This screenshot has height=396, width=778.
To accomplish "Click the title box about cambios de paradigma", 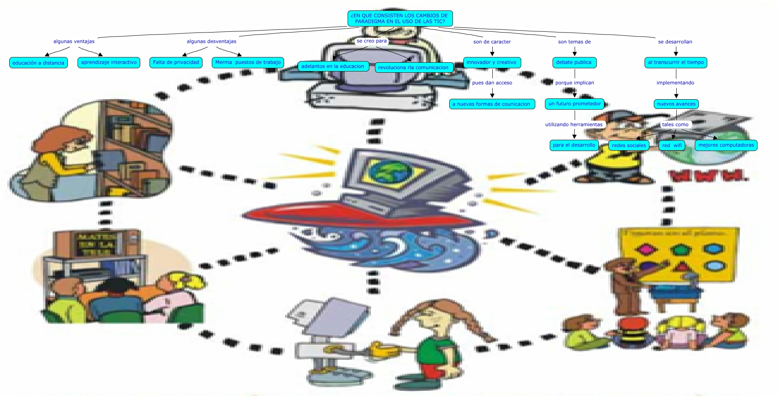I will click(400, 18).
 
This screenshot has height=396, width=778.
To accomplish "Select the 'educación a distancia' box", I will click(39, 63).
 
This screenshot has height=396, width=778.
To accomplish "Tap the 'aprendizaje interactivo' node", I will click(109, 62).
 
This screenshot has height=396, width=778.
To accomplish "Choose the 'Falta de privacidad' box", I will click(176, 62).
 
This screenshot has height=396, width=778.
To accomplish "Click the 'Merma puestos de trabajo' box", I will click(248, 62).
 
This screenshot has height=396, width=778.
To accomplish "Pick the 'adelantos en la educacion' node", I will click(333, 66).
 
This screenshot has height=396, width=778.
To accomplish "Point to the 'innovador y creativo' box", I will click(492, 62).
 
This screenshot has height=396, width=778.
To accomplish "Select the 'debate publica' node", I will click(574, 62).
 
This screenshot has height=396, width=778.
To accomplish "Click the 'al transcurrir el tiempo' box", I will click(676, 62).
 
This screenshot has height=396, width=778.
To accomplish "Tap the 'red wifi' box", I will click(672, 145).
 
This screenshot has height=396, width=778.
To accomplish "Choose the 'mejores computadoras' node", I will click(726, 145).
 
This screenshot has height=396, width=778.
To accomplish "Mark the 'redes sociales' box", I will click(629, 145).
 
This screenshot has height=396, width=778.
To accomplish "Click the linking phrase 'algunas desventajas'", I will click(211, 41).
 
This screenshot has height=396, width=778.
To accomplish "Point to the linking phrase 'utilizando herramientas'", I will click(574, 125).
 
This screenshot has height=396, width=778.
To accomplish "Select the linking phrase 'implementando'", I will click(676, 83).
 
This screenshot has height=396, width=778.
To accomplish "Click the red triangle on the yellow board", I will click(681, 266).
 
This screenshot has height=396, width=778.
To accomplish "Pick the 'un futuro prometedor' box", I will click(575, 104).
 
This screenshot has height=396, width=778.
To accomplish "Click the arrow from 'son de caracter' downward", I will click(492, 51).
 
